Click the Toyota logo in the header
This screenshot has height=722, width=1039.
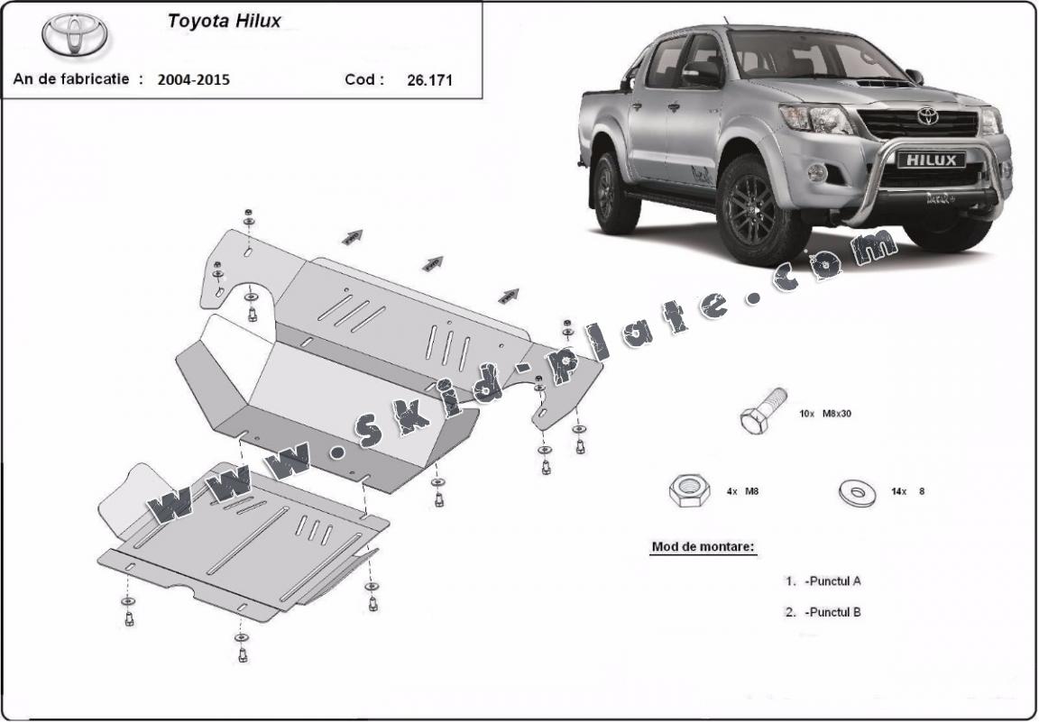click(74, 34)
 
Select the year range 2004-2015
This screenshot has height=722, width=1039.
click(193, 79)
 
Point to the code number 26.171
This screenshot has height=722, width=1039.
click(429, 79)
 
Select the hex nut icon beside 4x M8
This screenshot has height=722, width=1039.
click(687, 491)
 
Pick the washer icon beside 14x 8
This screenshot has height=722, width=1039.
click(856, 492)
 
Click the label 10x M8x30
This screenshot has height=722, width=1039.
click(824, 414)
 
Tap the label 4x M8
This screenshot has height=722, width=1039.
click(741, 492)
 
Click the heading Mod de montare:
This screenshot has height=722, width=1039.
click(703, 547)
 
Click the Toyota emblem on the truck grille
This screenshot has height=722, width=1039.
click(927, 116)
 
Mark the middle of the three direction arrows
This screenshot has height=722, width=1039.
click(433, 263)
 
